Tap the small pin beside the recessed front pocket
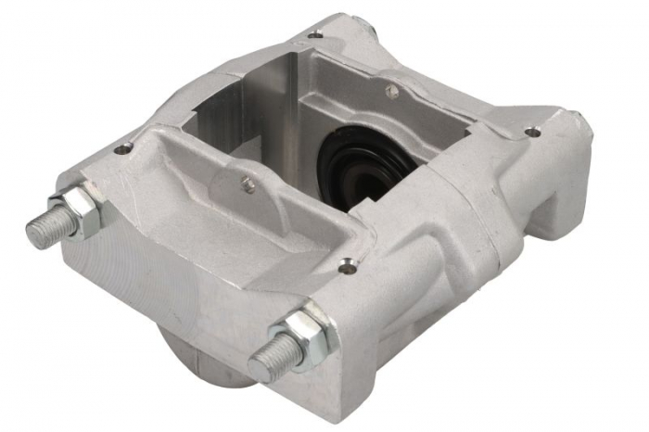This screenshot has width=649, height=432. click(248, 184)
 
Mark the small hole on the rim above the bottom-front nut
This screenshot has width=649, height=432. click(347, 266)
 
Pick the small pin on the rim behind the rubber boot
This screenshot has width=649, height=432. click(392, 92)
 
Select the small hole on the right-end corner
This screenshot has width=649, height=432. click(532, 133)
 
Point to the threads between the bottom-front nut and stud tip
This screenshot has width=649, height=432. click(278, 354)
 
